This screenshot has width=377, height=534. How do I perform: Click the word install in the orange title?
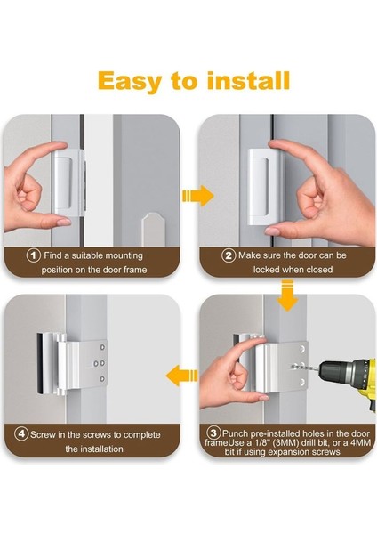click(x=248, y=81)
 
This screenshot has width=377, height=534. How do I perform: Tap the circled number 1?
click(x=34, y=255)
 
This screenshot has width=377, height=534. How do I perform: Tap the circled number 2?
click(x=229, y=255)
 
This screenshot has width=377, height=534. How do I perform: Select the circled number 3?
click(x=213, y=433)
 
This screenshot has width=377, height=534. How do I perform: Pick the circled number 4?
click(x=21, y=434)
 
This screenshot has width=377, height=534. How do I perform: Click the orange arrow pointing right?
click(x=198, y=196)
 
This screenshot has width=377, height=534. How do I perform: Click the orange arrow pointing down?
click(x=287, y=295)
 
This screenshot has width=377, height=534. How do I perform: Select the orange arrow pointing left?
click(x=181, y=375)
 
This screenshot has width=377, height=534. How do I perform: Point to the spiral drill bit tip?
click(x=293, y=367)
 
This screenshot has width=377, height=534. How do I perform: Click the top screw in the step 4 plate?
click(x=102, y=348)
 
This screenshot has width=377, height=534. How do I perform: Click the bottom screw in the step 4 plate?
click(x=102, y=379)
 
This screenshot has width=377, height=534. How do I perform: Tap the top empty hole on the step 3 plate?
click(x=302, y=349)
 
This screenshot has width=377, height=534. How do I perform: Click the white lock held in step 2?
click(x=265, y=188)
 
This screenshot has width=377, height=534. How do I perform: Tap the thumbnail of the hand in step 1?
click(x=63, y=222)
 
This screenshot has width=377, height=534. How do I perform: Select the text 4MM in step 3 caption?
click(x=361, y=442)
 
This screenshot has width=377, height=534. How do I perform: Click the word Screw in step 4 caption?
click(x=42, y=435)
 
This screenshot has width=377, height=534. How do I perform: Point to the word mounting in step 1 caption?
click(x=124, y=255)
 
